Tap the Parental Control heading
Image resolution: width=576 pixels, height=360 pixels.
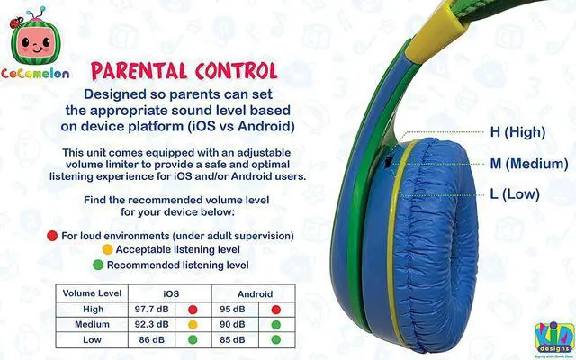[184, 70]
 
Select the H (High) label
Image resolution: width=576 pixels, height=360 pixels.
[517, 132]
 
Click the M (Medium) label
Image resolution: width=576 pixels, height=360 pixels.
[528, 164]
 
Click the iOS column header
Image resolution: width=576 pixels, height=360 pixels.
[170, 293]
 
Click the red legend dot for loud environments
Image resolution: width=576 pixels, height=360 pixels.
[53, 236]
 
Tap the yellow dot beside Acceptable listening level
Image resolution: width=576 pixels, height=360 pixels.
[107, 249]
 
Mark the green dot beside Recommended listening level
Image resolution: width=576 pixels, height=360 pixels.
[98, 265]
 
